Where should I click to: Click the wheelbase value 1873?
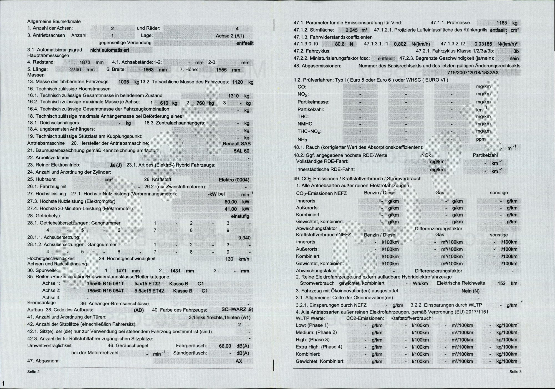85,62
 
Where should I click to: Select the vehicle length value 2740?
75,70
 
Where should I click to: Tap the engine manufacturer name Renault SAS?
236,143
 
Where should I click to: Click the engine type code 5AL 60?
241,151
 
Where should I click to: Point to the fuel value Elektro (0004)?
234,180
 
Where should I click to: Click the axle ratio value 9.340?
244,238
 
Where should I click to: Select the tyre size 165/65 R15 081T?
105,284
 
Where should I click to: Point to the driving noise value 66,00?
225,346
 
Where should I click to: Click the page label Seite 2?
33,372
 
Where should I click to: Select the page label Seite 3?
515,372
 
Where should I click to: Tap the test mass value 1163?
501,23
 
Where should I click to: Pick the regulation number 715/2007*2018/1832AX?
473,73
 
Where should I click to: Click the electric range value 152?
501,284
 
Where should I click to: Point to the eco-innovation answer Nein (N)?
470,291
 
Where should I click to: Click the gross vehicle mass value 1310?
233,96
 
